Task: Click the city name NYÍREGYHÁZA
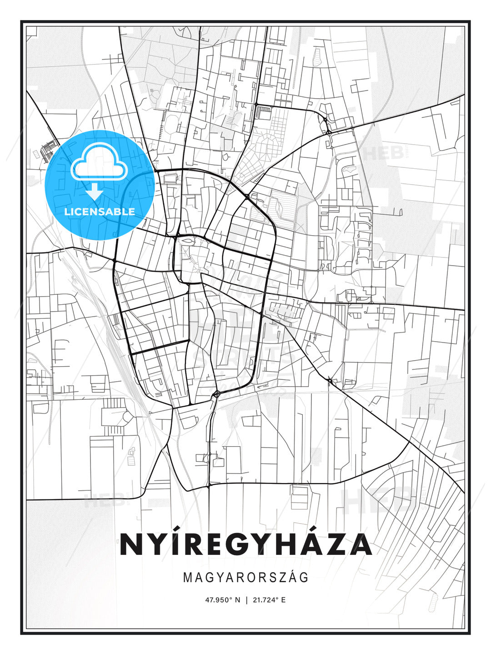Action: (x=245, y=544)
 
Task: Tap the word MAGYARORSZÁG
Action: (x=245, y=577)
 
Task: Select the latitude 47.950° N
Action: (x=222, y=600)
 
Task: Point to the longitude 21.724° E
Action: (x=268, y=600)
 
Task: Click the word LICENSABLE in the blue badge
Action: (x=100, y=212)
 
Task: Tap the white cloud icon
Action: (x=98, y=161)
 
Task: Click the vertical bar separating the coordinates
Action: (x=246, y=600)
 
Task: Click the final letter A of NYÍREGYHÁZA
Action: (x=360, y=544)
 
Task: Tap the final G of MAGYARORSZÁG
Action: (x=304, y=577)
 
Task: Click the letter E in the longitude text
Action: (x=283, y=600)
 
